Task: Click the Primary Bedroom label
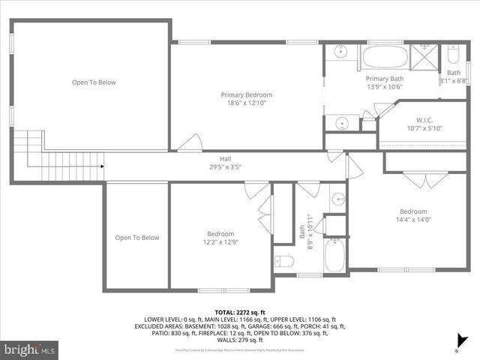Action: click(x=246, y=95)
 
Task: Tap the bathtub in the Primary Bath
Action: click(x=385, y=57)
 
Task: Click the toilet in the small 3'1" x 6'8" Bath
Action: click(x=453, y=55)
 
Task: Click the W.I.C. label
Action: click(x=430, y=120)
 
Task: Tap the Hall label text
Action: click(x=225, y=158)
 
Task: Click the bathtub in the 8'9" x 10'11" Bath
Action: click(x=334, y=255)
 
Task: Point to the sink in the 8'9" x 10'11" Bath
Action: click(x=337, y=199)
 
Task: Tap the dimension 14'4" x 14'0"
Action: click(x=413, y=220)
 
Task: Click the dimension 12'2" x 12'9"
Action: click(x=220, y=242)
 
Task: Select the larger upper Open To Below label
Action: click(x=94, y=82)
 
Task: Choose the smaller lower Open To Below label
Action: click(x=137, y=238)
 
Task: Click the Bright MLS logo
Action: click(x=30, y=349)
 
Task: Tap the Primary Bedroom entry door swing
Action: click(x=191, y=143)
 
